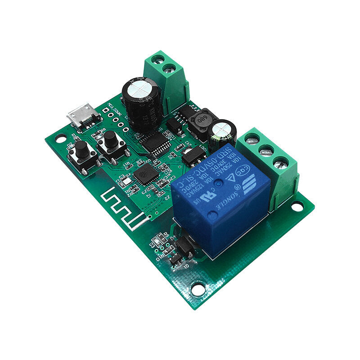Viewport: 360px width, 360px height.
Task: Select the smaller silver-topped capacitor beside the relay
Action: tap(222, 130)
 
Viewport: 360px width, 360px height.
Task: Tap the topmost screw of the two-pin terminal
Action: tap(157, 58)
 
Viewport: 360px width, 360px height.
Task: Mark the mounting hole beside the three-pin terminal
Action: tap(297, 206)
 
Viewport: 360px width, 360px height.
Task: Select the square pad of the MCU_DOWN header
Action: tap(105, 110)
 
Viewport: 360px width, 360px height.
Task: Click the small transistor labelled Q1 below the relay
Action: tap(183, 246)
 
